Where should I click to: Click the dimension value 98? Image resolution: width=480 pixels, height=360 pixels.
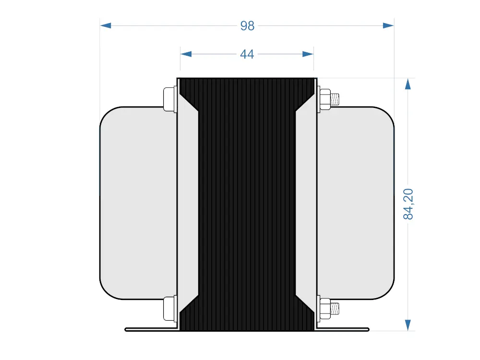coord(247,26)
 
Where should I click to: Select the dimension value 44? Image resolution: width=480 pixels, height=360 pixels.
coord(247,54)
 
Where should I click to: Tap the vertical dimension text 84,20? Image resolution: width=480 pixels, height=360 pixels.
coord(408,204)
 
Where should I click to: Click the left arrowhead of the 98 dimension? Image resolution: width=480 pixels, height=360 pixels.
coord(106,25)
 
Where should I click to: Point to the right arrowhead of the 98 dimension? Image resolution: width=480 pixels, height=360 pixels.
coord(388,25)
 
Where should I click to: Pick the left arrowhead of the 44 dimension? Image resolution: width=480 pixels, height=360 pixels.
coord(186,54)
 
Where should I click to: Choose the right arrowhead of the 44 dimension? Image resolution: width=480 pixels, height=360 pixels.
coord(308,54)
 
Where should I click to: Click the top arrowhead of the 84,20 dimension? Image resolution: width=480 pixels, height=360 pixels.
coord(408,84)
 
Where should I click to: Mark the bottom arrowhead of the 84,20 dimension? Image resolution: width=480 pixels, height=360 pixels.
coord(408,325)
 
